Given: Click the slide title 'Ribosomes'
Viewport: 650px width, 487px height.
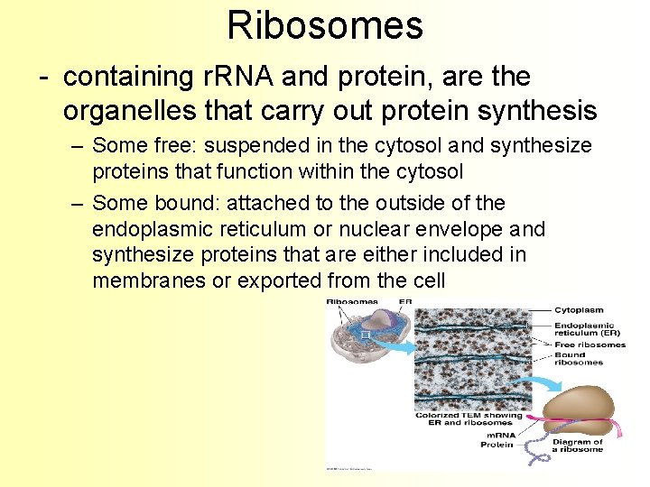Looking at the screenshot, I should pyautogui.click(x=325, y=25).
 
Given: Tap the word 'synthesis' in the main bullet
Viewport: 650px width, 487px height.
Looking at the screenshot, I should pyautogui.click(x=545, y=111).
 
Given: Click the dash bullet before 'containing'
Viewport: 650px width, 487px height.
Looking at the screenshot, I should pyautogui.click(x=43, y=78).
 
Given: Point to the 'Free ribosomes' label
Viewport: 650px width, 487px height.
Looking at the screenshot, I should pyautogui.click(x=590, y=345).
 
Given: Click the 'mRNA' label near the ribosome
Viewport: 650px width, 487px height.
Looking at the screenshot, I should pyautogui.click(x=498, y=434).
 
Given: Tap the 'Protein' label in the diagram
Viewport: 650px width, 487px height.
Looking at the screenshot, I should pyautogui.click(x=497, y=444).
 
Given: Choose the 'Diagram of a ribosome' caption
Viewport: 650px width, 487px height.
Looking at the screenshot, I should pyautogui.click(x=578, y=446).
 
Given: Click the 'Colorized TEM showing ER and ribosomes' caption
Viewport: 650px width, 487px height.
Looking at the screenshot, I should pyautogui.click(x=469, y=419).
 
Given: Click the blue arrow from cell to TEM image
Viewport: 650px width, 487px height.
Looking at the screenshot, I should pyautogui.click(x=394, y=344).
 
